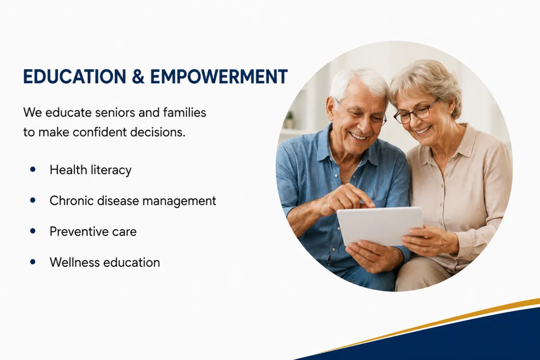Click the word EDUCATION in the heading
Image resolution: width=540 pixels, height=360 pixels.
(75, 76)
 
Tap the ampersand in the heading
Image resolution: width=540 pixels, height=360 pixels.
(138, 76)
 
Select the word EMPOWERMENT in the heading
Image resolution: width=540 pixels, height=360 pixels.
(219, 76)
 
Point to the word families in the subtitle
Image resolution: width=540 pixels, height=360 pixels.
(184, 112)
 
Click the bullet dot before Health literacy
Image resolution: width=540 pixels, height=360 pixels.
(33, 169)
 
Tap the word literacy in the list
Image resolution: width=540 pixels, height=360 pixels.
(111, 170)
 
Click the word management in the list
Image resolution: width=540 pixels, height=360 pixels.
(179, 202)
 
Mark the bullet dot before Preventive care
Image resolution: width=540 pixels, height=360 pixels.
(33, 231)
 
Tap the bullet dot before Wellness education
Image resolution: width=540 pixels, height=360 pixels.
(33, 262)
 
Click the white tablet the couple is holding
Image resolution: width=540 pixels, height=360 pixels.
(380, 226)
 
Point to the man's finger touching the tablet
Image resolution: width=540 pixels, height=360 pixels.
(368, 201)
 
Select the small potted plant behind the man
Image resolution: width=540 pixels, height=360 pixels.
(289, 119)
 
